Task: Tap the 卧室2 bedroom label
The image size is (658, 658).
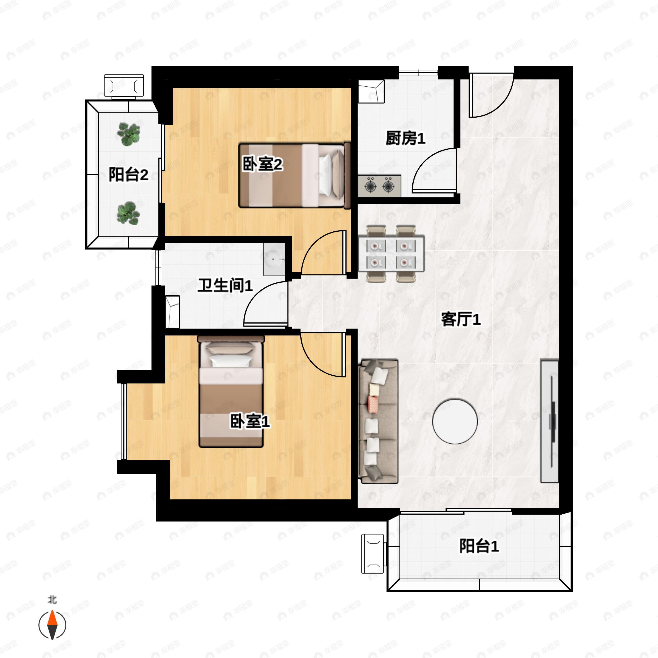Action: pyautogui.click(x=262, y=164)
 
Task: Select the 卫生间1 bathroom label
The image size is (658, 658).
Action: pyautogui.click(x=225, y=285)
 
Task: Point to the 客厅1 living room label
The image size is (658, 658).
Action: pyautogui.click(x=461, y=319)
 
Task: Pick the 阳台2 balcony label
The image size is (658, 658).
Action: pyautogui.click(x=128, y=174)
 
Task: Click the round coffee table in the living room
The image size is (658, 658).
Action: pyautogui.click(x=455, y=421)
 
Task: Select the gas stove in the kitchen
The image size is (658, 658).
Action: pyautogui.click(x=379, y=186)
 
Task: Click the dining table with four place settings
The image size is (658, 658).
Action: pyautogui.click(x=391, y=254)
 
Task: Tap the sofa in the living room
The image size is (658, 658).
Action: pyautogui.click(x=378, y=421)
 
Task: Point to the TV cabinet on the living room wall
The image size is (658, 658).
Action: pyautogui.click(x=549, y=421)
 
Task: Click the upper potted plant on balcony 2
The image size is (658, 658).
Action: pyautogui.click(x=128, y=134)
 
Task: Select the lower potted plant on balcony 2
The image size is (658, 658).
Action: pyautogui.click(x=128, y=213)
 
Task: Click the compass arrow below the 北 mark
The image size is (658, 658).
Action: pyautogui.click(x=52, y=625)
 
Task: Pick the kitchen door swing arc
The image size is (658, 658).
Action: pyautogui.click(x=433, y=170)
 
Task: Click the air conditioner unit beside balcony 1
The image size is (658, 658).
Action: pyautogui.click(x=373, y=554)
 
